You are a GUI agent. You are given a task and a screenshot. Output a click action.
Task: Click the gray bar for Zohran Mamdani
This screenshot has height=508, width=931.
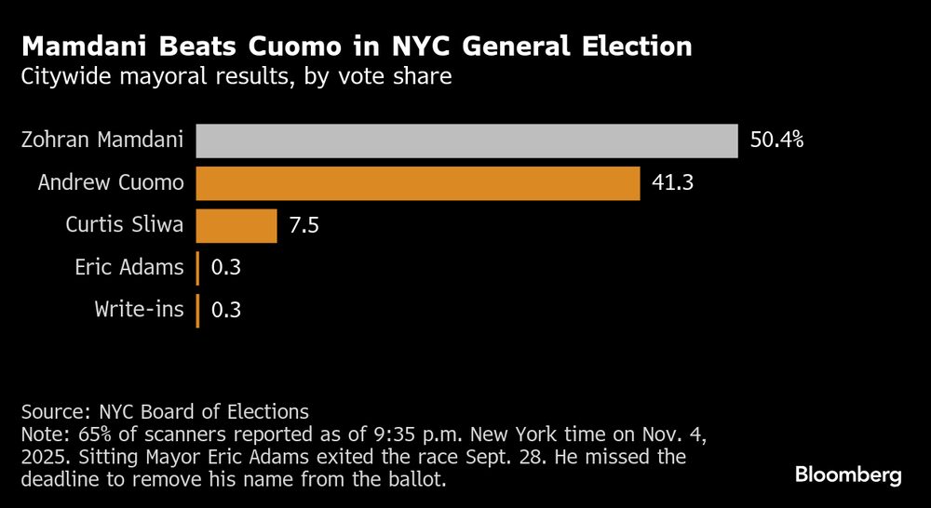click(x=467, y=140)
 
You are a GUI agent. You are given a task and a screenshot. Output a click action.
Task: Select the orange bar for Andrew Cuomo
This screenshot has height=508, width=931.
click(x=418, y=183)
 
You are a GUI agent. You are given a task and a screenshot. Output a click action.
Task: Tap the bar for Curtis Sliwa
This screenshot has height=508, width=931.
click(x=236, y=225)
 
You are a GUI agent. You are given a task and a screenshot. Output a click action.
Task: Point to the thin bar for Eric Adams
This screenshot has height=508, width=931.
click(x=197, y=268)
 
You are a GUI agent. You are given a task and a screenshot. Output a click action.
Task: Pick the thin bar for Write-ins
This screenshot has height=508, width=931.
click(x=197, y=310)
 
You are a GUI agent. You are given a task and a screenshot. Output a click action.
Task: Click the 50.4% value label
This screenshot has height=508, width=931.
click(x=776, y=141)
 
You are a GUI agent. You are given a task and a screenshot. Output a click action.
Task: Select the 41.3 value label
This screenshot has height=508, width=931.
click(x=671, y=183)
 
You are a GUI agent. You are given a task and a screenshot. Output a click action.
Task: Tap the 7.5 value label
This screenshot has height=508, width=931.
click(x=304, y=225)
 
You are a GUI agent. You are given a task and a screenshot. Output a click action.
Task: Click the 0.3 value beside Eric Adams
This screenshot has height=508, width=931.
click(x=226, y=268)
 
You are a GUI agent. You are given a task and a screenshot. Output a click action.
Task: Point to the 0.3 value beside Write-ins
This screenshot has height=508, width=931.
click(x=226, y=310)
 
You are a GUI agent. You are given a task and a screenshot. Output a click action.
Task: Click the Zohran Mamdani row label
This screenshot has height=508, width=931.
click(x=102, y=141)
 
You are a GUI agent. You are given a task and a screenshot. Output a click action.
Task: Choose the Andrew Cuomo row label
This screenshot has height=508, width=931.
click(x=111, y=183)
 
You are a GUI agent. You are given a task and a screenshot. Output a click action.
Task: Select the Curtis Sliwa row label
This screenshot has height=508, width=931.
click(x=125, y=225)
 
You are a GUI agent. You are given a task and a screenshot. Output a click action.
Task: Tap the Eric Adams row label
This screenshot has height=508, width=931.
click(x=129, y=268)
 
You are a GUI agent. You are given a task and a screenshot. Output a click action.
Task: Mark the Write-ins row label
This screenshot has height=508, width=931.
click(x=140, y=310)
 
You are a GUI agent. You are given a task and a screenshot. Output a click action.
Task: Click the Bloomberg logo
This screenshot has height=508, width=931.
click(x=848, y=475)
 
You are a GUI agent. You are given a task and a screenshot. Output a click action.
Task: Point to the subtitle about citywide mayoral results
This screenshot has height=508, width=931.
click(x=236, y=76)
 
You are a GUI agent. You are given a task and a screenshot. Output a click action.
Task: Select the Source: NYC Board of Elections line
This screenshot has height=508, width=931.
click(x=165, y=410)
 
